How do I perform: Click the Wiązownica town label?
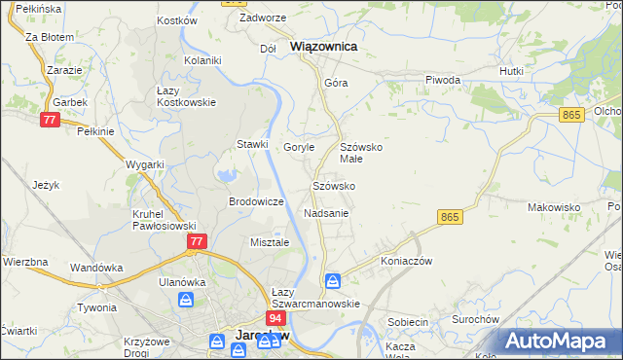[x=323, y=46]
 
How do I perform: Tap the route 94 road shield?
[x=276, y=318]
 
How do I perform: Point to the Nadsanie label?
[x=326, y=212]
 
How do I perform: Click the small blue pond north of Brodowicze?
[x=227, y=176]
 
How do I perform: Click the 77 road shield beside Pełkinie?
[x=50, y=119]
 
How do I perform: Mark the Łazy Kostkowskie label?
[x=186, y=96]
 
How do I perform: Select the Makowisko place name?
[x=554, y=207]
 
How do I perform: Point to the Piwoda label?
[x=442, y=80]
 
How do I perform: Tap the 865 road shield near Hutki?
[x=571, y=115]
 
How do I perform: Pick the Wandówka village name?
[x=95, y=267]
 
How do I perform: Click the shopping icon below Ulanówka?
[x=185, y=301]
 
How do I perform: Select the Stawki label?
[x=252, y=144]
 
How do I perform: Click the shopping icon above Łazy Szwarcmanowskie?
[x=333, y=281]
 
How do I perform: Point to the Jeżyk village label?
[x=46, y=184]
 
